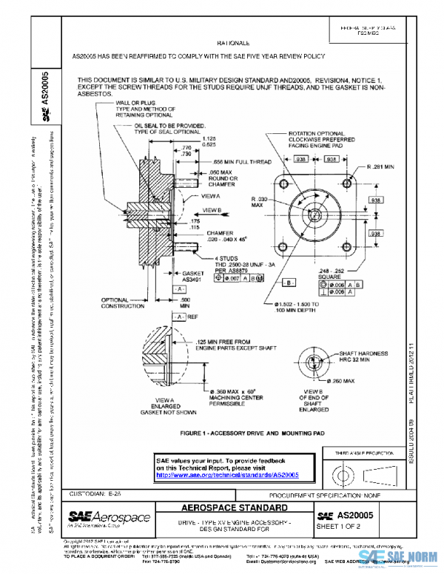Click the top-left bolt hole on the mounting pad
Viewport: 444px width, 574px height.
coord(283,180)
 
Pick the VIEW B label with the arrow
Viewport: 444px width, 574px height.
coord(213,210)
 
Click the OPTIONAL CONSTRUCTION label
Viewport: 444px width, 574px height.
coord(140,303)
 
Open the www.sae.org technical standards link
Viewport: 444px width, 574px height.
coord(226,475)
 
